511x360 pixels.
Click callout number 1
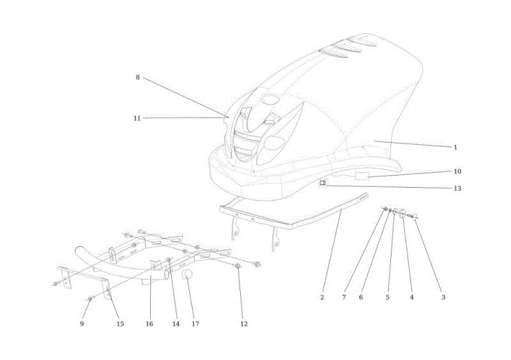tap(455, 147)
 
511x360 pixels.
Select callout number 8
tap(137, 77)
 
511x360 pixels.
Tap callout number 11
tap(137, 118)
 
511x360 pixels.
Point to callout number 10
tap(457, 171)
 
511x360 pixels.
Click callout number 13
tap(457, 188)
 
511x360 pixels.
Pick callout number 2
tap(322, 297)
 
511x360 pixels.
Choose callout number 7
tap(344, 297)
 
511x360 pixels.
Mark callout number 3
tap(443, 297)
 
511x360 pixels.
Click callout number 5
tap(388, 297)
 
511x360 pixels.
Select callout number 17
tap(195, 324)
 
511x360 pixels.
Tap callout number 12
tap(244, 324)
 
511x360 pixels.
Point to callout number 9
tap(82, 324)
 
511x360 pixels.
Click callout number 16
tap(149, 324)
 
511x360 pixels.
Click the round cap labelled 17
tap(187, 274)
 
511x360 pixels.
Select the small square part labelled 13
tap(323, 183)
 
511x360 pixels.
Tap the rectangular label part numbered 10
tap(362, 176)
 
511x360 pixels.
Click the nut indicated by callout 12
tap(238, 266)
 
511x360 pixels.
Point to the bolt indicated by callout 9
tap(90, 299)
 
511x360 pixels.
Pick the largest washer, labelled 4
tap(402, 213)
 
